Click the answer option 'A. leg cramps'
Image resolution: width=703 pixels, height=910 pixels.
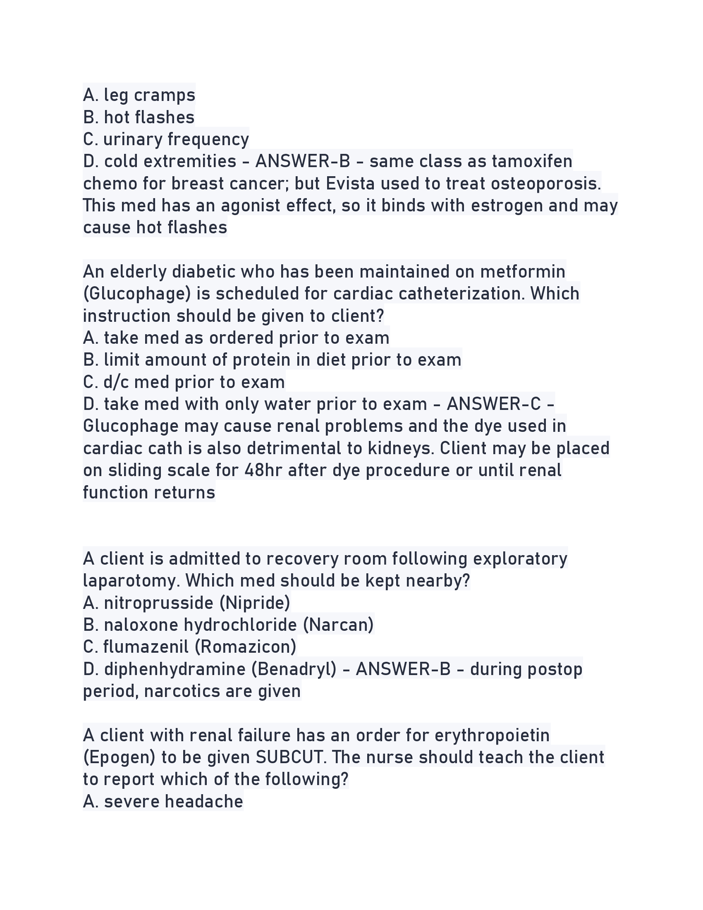139,95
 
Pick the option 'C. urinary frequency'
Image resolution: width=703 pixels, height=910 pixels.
166,139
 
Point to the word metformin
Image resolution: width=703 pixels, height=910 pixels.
523,272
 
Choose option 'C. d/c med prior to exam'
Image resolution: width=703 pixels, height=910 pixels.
184,382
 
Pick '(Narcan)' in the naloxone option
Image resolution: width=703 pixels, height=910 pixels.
338,625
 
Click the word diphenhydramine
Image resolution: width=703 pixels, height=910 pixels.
175,669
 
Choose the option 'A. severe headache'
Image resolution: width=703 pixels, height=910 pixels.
163,802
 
